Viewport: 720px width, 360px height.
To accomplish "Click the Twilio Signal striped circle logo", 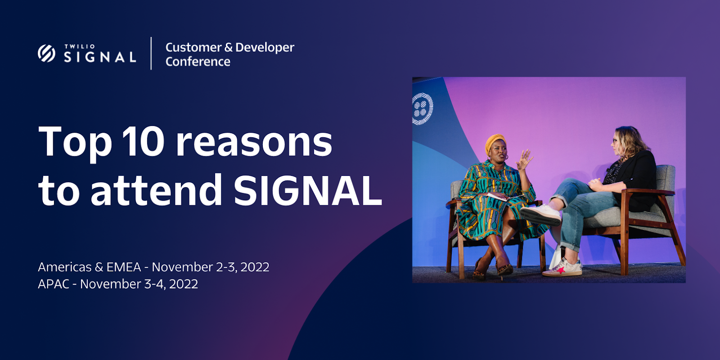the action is pos(47,54).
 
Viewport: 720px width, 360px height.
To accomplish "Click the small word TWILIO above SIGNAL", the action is pos(79,47).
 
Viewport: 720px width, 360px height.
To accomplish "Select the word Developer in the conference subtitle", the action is pos(265,48).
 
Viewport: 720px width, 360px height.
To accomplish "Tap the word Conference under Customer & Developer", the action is pos(198,61).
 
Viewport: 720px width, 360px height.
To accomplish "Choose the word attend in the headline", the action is pos(156,190).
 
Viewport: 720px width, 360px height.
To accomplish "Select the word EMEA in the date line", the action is pos(124,267).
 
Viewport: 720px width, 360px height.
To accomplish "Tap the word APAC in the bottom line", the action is pos(54,284).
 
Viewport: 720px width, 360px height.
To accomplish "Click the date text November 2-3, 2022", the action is pos(211,267).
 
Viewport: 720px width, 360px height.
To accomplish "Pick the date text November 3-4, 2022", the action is pos(139,284).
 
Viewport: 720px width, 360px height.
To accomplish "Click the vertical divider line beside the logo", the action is pos(151,54).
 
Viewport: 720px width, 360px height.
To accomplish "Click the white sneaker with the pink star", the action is pos(562,268).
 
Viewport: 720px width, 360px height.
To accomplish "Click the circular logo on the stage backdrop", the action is pos(423,108).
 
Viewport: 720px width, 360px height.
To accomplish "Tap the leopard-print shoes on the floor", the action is pos(492,270).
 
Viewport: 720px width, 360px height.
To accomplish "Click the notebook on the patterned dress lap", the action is pos(504,196).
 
